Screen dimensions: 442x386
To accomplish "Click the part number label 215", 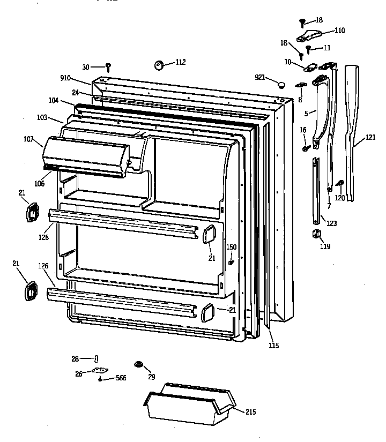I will coord(251,412).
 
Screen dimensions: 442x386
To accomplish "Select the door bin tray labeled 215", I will coord(188,407).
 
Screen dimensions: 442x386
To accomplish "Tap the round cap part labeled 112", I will coord(159,65).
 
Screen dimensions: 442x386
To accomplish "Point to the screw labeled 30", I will coord(108,67).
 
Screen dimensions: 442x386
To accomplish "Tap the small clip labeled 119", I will coord(316,234).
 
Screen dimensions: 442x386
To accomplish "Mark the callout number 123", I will coord(332,223).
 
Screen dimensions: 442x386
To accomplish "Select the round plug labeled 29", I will coord(139,365).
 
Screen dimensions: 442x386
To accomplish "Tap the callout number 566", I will coord(122,378).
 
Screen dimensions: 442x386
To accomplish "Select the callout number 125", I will coord(43,237).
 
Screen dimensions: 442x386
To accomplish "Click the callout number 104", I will coord(53,101).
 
